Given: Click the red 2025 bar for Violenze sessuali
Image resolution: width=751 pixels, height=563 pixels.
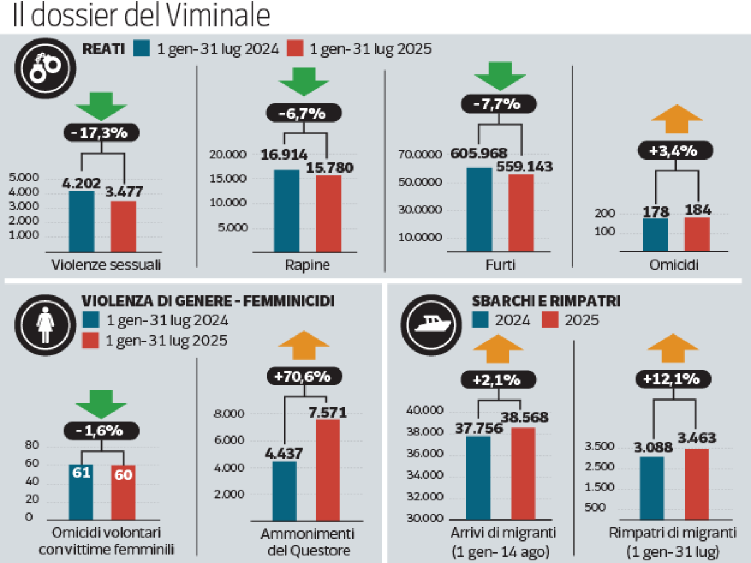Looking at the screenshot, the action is (x=123, y=226).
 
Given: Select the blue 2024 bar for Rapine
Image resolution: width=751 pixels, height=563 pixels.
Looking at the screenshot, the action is (x=287, y=211).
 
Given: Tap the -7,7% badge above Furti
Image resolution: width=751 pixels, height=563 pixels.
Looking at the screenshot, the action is (x=499, y=104).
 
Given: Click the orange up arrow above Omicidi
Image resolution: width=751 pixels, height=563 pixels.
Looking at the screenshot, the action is (x=677, y=119).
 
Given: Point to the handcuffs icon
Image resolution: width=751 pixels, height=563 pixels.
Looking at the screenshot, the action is (x=45, y=68).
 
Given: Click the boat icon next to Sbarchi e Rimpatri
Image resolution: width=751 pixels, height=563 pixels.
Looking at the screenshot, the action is (x=431, y=325).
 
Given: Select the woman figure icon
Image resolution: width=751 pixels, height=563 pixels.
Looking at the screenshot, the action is (x=45, y=325).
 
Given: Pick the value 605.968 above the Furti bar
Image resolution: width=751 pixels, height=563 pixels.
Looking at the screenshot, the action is (x=478, y=153).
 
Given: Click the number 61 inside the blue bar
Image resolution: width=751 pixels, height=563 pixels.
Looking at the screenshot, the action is (x=81, y=473).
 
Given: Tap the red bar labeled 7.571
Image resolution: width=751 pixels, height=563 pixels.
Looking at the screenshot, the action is (x=328, y=470).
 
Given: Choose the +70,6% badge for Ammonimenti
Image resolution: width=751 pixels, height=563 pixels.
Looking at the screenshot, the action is (x=304, y=376).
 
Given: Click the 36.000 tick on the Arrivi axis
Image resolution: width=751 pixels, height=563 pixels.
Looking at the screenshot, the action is (x=425, y=454).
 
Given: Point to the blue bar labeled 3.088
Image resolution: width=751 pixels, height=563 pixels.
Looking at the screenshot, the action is (x=651, y=488).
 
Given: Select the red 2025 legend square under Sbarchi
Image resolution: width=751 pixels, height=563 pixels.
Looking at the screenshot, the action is (x=550, y=320).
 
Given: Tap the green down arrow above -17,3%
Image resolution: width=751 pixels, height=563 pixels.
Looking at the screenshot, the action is (x=101, y=106).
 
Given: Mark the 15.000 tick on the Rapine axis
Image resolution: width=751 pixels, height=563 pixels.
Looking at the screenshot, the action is (x=228, y=178).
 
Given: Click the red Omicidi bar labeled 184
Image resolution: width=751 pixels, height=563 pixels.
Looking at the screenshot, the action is (x=697, y=235).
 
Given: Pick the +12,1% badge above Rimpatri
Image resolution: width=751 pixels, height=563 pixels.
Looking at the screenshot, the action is (x=673, y=378).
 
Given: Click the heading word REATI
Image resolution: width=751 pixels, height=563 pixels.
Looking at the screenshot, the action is (x=104, y=49).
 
